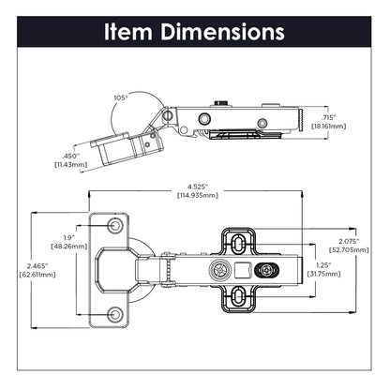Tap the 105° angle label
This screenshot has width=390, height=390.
pos(119,97)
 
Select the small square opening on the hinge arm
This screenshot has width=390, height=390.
pos(247,271)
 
